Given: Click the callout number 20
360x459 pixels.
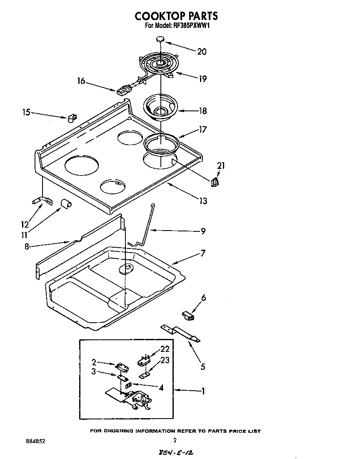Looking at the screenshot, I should pos(202,52).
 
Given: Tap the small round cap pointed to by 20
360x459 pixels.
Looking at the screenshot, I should pos(160,39).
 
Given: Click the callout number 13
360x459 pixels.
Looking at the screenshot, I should pos(203,201).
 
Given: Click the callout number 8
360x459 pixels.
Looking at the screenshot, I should pos(27,246).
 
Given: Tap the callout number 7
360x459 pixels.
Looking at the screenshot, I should pos(203,253).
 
